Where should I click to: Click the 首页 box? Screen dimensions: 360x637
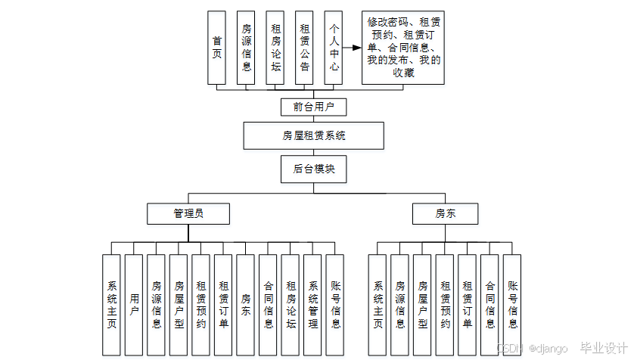(x=217, y=48)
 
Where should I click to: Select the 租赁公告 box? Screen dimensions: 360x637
(x=304, y=48)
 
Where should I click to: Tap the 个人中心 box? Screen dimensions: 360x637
(x=334, y=48)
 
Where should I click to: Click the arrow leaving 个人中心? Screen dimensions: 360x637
(x=352, y=48)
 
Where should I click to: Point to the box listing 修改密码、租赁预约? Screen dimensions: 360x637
(x=403, y=48)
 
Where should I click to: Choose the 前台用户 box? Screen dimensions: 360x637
(x=312, y=107)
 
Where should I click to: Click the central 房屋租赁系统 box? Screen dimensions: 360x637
(x=313, y=136)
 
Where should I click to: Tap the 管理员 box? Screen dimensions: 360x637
(x=188, y=214)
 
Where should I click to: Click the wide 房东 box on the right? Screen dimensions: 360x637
(x=445, y=214)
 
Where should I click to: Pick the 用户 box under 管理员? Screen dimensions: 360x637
(x=134, y=305)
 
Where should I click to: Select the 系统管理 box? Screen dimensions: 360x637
(x=313, y=305)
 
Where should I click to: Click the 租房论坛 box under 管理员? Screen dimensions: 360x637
(x=291, y=305)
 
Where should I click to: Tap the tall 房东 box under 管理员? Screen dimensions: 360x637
(x=246, y=305)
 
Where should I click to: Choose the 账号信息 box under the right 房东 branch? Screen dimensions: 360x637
(x=512, y=305)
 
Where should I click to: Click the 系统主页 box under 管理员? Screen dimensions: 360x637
(x=112, y=305)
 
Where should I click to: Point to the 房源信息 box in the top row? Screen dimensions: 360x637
(x=246, y=48)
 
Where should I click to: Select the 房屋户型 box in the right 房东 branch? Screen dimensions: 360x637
(x=423, y=305)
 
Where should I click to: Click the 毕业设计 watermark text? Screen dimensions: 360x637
(x=603, y=349)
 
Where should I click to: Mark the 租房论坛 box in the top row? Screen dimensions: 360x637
(x=275, y=48)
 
